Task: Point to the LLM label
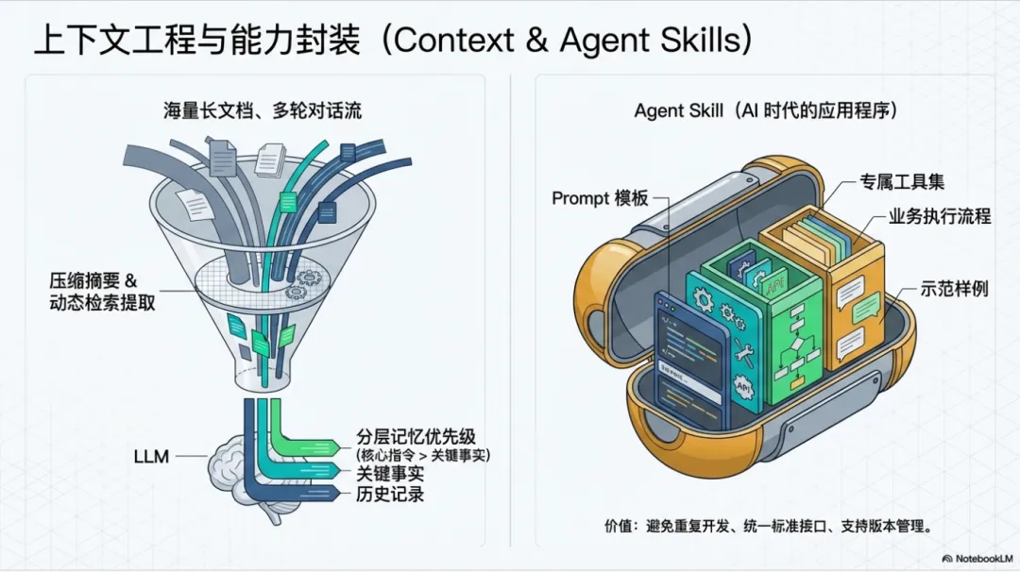[x=151, y=457]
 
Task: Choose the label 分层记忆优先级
[x=416, y=437]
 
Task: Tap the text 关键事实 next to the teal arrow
[x=390, y=474]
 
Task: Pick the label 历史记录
[x=390, y=494]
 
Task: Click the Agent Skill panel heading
[x=765, y=110]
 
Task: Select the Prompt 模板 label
[x=600, y=197]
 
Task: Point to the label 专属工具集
[x=901, y=181]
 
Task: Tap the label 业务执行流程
[x=939, y=216]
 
